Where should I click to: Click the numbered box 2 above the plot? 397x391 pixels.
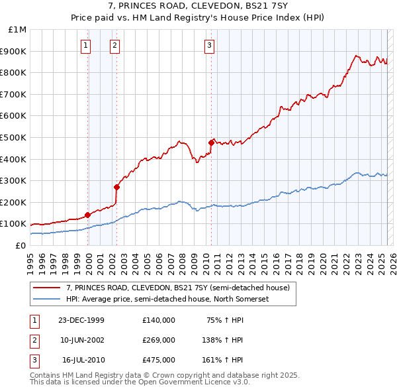(x=114, y=46)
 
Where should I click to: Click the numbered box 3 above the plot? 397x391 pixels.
(x=209, y=46)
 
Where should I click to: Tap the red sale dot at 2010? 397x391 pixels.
(x=211, y=142)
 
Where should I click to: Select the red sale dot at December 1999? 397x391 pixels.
(x=88, y=215)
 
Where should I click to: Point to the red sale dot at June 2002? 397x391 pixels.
(x=116, y=187)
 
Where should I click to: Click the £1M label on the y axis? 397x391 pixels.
(x=17, y=30)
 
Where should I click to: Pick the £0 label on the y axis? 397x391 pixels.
(x=21, y=245)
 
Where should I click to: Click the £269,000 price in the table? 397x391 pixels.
(x=159, y=340)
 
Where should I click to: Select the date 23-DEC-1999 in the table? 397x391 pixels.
(x=81, y=320)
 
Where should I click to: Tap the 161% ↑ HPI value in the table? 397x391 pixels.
(x=222, y=360)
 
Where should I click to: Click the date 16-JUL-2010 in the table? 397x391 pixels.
(x=83, y=360)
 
